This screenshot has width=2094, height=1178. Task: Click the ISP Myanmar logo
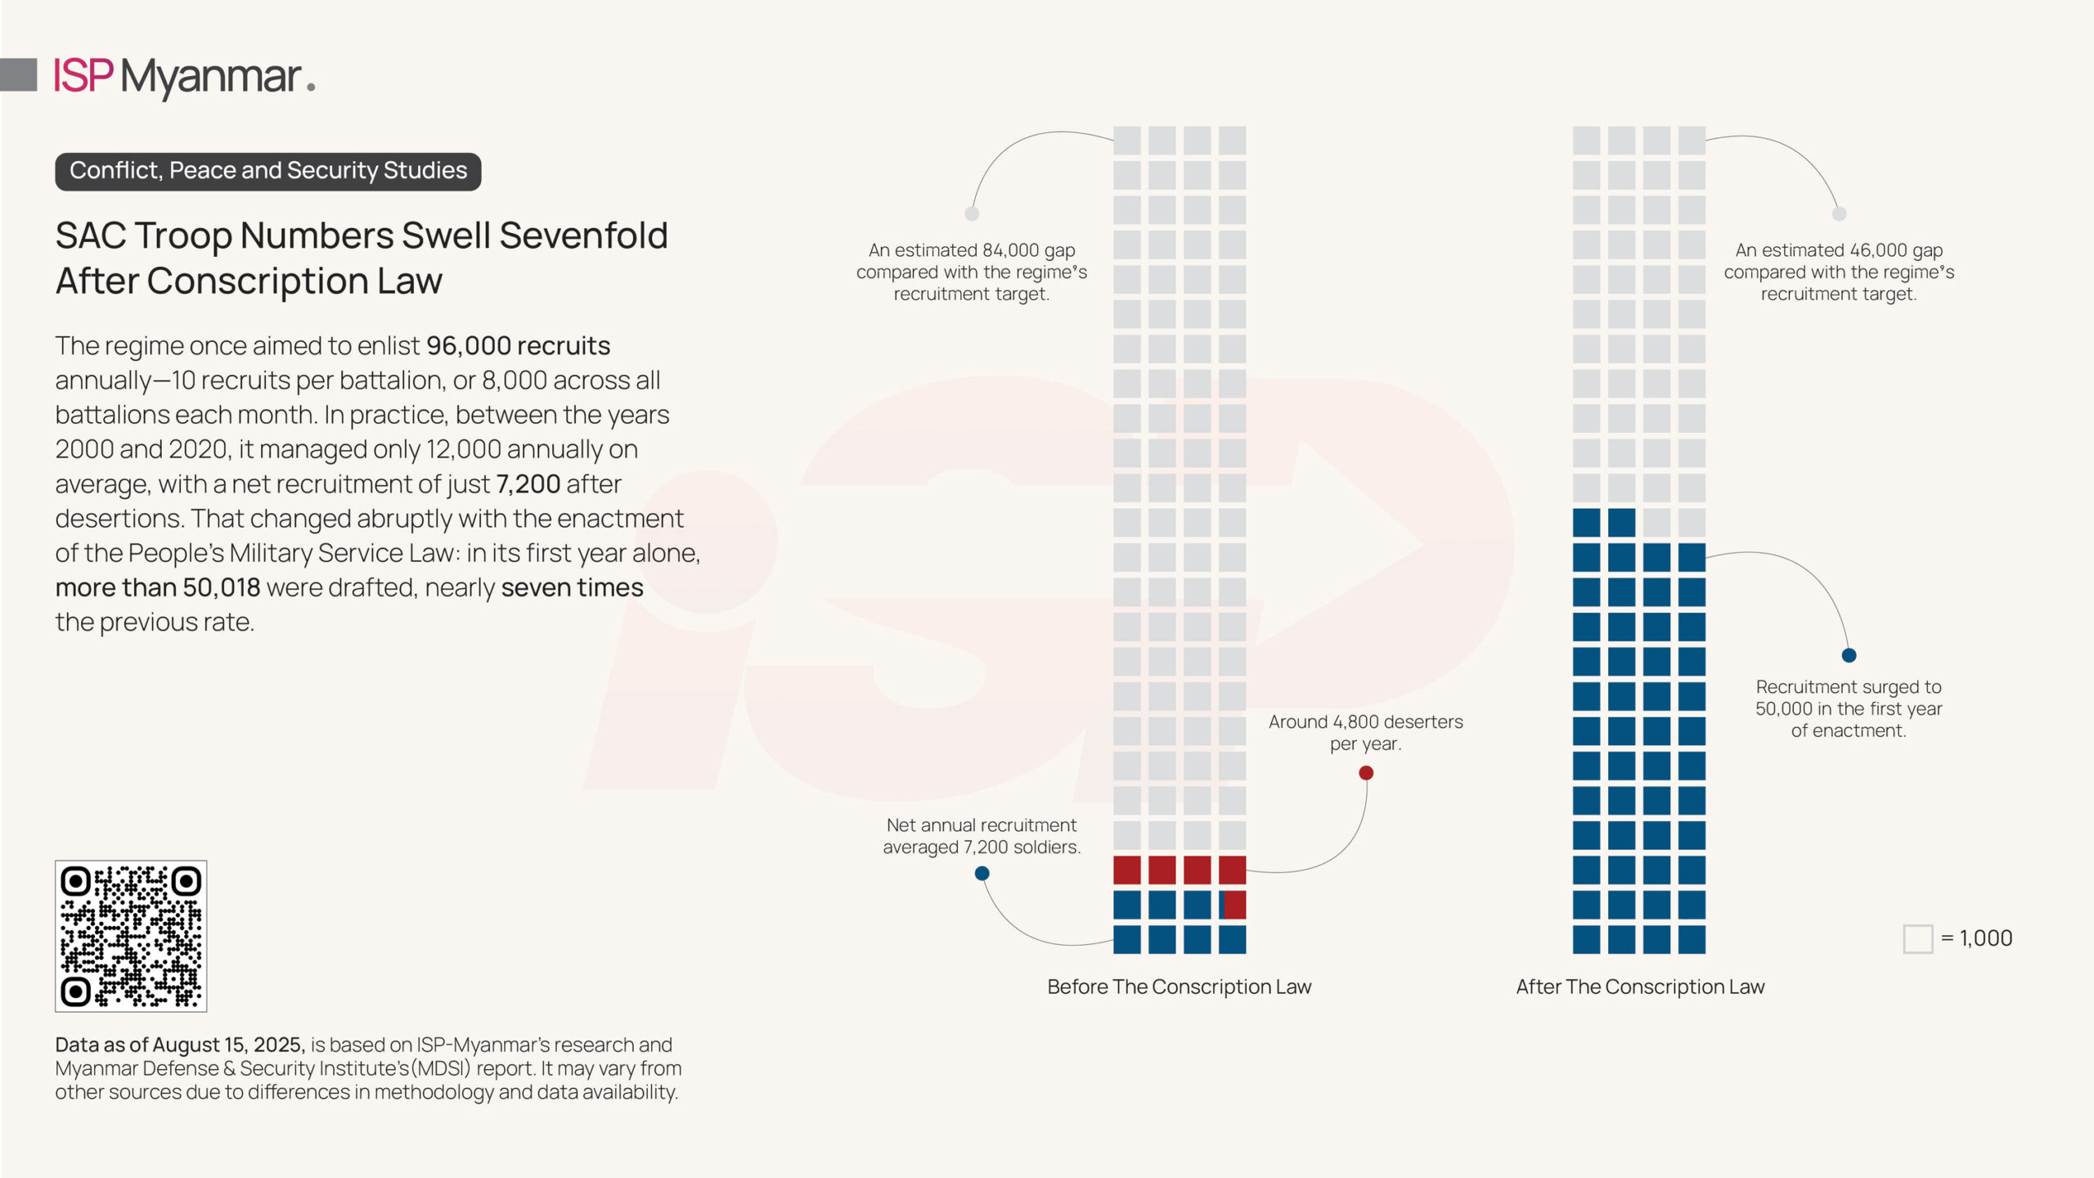[x=185, y=77]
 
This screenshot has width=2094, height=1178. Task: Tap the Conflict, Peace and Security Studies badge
[x=268, y=171]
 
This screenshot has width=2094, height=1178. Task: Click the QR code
[x=131, y=936]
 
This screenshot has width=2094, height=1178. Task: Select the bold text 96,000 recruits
[x=518, y=346]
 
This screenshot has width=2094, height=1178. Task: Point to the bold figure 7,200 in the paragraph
[x=528, y=484]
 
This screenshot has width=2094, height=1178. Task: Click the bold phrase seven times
[x=572, y=587]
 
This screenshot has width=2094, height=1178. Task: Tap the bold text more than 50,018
[x=158, y=587]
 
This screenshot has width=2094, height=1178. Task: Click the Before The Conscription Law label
[x=1179, y=987]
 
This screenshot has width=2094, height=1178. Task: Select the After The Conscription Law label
[x=1640, y=987]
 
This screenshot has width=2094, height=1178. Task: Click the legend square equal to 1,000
[x=1917, y=939]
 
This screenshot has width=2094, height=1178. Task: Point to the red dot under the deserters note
[x=1366, y=773]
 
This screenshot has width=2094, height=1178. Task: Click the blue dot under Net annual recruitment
[x=982, y=874]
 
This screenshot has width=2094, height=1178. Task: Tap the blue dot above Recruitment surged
[x=1849, y=655]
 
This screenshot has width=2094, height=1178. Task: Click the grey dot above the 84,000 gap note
[x=972, y=214]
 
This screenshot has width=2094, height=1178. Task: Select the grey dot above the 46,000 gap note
[x=1840, y=214]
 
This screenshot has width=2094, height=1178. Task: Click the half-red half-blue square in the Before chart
[x=1232, y=905]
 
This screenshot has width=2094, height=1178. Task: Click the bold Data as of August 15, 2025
[x=180, y=1045]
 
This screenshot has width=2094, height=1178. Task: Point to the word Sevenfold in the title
[x=583, y=236]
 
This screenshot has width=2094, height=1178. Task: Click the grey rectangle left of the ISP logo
[x=19, y=74]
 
